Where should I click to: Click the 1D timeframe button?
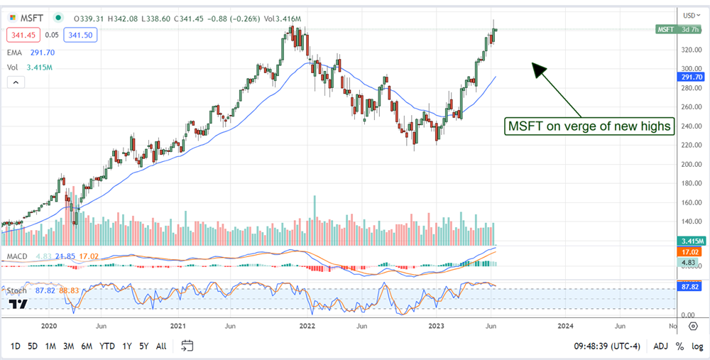15,346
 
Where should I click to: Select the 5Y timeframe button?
144,346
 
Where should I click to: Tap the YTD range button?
107,346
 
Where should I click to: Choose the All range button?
161,346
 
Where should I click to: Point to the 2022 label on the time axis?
307,326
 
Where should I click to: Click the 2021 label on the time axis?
178,326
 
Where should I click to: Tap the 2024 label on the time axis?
566,326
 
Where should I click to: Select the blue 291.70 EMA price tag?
692,77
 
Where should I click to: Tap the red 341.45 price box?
22,33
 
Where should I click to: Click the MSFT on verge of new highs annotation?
589,126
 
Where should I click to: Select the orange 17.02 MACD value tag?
692,251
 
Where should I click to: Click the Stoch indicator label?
16,290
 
